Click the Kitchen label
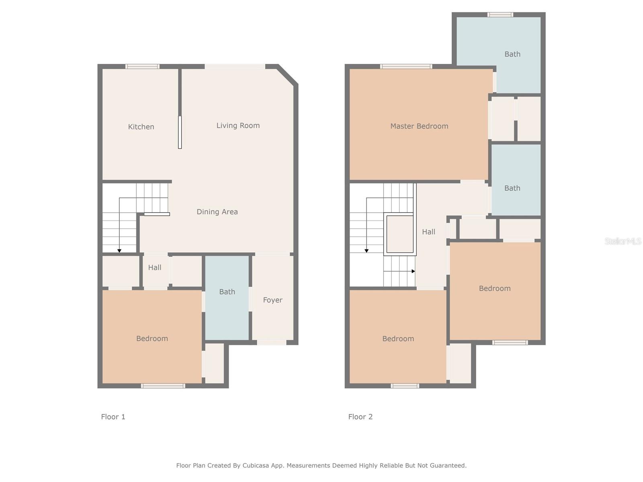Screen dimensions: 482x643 click(x=141, y=127)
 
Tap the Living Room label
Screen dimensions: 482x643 click(x=238, y=126)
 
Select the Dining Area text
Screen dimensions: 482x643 click(x=217, y=212)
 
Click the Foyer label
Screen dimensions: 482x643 click(x=272, y=300)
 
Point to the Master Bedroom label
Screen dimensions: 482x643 click(x=419, y=126)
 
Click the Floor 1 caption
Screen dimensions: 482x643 click(x=113, y=417)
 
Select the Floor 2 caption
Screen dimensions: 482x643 click(x=360, y=417)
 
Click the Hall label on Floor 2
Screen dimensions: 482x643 click(x=428, y=232)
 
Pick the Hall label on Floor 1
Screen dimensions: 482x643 click(x=154, y=268)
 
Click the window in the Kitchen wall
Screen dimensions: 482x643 click(x=142, y=67)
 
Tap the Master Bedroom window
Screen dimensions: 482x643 click(x=406, y=67)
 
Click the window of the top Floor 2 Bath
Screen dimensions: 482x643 click(x=500, y=15)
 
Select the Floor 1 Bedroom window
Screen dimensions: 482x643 click(x=163, y=386)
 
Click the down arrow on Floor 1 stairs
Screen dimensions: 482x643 click(x=119, y=251)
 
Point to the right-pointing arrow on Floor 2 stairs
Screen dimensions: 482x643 click(x=413, y=272)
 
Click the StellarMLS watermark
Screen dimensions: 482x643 click(x=623, y=241)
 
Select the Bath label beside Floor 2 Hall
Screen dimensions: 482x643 click(x=512, y=188)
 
